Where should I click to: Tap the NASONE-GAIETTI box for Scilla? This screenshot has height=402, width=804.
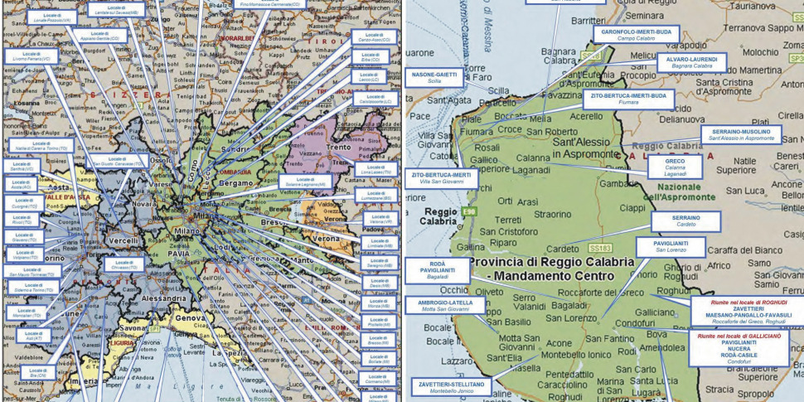[434, 77]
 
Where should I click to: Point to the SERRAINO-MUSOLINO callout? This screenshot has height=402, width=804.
[740, 134]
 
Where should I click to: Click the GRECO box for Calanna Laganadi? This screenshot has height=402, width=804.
[675, 166]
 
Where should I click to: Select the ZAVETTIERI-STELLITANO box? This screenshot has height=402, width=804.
[451, 387]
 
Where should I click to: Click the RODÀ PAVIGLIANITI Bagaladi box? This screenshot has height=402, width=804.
[436, 270]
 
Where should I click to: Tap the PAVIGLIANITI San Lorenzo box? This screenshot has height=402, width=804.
[670, 246]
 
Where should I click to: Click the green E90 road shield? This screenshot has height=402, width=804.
[468, 212]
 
